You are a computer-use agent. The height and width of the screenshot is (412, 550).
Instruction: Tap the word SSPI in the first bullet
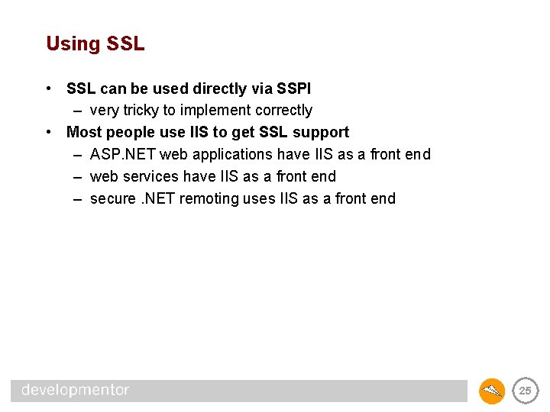click(x=293, y=89)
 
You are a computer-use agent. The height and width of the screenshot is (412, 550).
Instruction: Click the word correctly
click(x=282, y=111)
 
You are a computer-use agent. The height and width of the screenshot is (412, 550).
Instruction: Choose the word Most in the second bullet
click(x=82, y=132)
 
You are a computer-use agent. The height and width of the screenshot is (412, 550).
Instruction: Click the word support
click(x=322, y=132)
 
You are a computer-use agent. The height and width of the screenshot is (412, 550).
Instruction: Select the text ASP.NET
click(x=122, y=155)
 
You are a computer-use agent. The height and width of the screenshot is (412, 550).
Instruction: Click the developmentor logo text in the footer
click(x=76, y=390)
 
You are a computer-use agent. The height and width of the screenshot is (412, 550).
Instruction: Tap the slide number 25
click(x=525, y=391)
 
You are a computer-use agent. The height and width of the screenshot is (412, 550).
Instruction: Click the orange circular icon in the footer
click(x=492, y=391)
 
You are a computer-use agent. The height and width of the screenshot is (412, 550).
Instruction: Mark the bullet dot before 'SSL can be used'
click(x=48, y=89)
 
